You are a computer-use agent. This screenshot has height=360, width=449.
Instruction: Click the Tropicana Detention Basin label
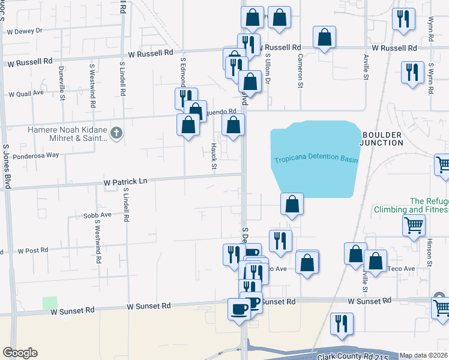[x=316, y=160]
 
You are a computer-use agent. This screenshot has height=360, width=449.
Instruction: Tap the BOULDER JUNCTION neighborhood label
[x=381, y=138]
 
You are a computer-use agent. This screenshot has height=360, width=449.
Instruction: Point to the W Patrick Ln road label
[x=125, y=181]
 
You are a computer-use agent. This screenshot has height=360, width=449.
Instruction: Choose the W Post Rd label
[x=33, y=251]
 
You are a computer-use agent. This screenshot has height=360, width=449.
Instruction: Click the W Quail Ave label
[x=26, y=93]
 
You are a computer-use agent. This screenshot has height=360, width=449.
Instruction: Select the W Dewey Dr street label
[x=25, y=30]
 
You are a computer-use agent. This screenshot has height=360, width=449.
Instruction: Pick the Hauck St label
[x=213, y=156]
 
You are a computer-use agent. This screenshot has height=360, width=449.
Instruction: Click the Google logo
[x=20, y=353]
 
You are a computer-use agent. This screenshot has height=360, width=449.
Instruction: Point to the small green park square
[x=50, y=303]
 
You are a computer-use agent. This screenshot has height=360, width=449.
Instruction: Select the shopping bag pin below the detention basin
[x=292, y=204]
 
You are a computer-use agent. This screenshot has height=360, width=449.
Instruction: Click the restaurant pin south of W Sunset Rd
[x=342, y=323]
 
